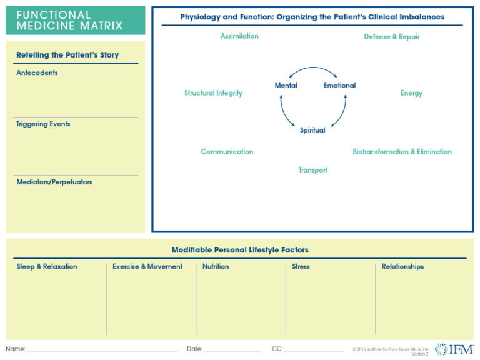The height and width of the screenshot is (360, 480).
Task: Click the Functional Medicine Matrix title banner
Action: click(75, 20)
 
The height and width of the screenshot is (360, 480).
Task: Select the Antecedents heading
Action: click(37, 73)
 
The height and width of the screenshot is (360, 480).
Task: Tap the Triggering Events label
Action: click(43, 124)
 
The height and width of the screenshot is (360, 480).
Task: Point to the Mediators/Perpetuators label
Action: click(54, 182)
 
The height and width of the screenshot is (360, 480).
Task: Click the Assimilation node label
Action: click(239, 36)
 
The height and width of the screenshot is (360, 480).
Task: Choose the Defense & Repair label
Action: click(392, 37)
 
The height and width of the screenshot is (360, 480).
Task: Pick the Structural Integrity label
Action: click(213, 93)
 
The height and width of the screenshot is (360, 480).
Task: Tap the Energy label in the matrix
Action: click(411, 93)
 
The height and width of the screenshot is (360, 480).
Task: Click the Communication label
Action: click(227, 152)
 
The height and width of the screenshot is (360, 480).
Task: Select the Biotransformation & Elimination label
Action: click(402, 152)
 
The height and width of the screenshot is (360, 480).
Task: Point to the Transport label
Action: click(312, 170)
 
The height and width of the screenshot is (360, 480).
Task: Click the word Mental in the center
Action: click(286, 86)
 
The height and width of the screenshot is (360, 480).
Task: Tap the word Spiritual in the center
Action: click(312, 131)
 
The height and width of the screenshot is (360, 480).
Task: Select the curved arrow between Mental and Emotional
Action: click(312, 69)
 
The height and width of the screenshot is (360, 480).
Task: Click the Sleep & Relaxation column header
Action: click(47, 267)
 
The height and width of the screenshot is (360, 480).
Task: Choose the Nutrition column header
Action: click(216, 267)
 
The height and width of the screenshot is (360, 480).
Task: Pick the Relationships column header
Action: click(402, 267)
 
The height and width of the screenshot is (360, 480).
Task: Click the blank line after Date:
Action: click(232, 351)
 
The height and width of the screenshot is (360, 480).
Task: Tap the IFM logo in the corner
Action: click(454, 349)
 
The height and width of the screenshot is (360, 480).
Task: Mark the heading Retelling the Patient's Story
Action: click(67, 55)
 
